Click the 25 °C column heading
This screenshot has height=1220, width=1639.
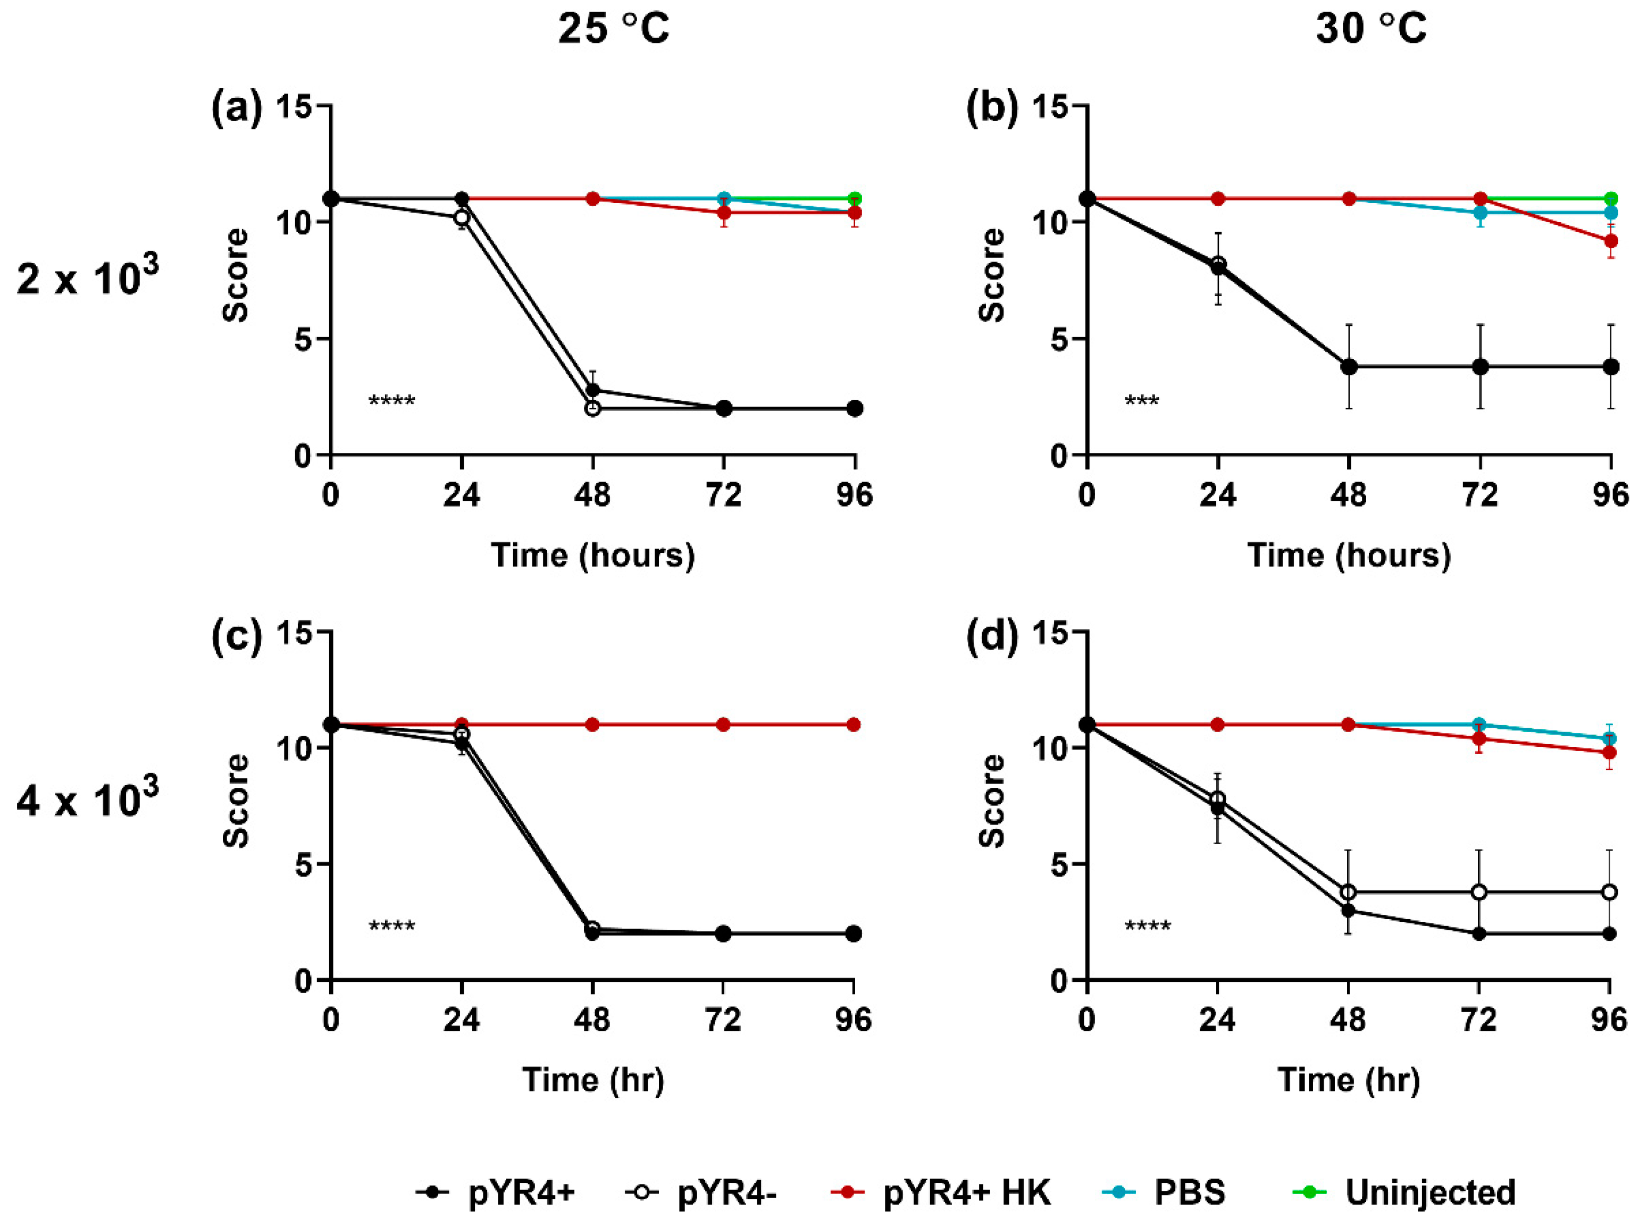click(613, 30)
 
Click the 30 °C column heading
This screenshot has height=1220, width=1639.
click(1370, 30)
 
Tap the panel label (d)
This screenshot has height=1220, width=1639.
click(991, 635)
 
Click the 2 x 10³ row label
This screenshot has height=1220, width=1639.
click(87, 279)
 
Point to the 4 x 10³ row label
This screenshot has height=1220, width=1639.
click(87, 800)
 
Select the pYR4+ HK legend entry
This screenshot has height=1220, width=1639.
click(940, 1192)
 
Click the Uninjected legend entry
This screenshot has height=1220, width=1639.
click(1403, 1192)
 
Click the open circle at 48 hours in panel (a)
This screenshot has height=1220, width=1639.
click(592, 408)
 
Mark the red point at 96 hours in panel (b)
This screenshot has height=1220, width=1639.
click(1611, 241)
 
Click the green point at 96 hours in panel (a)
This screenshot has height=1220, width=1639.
click(855, 199)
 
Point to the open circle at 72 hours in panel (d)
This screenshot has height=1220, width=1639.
click(1479, 892)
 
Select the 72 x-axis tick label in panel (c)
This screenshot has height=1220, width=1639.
click(723, 1021)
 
